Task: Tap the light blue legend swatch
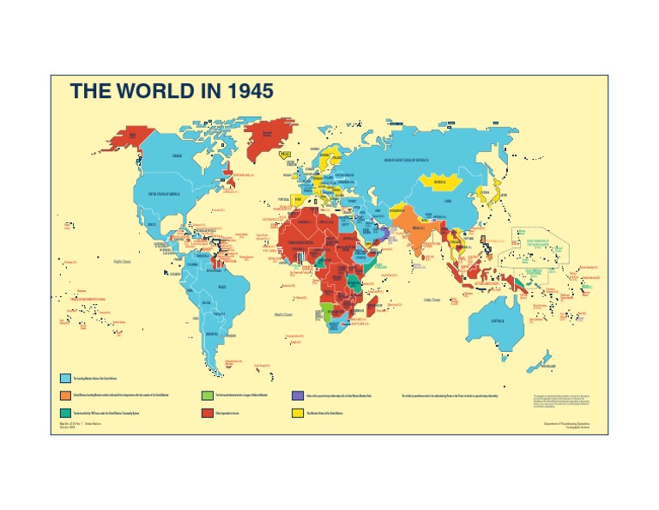[x=65, y=378]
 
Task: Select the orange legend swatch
[x=65, y=396]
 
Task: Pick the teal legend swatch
[x=65, y=413]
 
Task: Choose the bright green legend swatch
[x=207, y=396]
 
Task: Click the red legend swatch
[x=207, y=413]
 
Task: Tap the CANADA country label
[x=178, y=156]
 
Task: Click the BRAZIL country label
[x=223, y=286]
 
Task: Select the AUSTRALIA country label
[x=499, y=322]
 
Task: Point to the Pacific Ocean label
[x=121, y=261]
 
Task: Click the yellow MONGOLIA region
[x=440, y=182]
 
